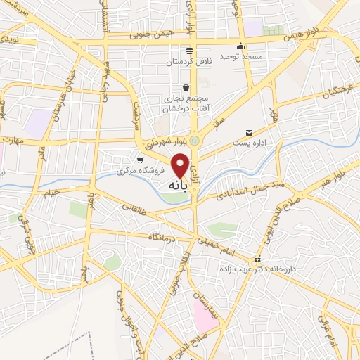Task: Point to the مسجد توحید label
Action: click(241, 56)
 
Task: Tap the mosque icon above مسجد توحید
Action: click(242, 46)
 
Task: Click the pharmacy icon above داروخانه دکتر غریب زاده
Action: click(258, 259)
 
